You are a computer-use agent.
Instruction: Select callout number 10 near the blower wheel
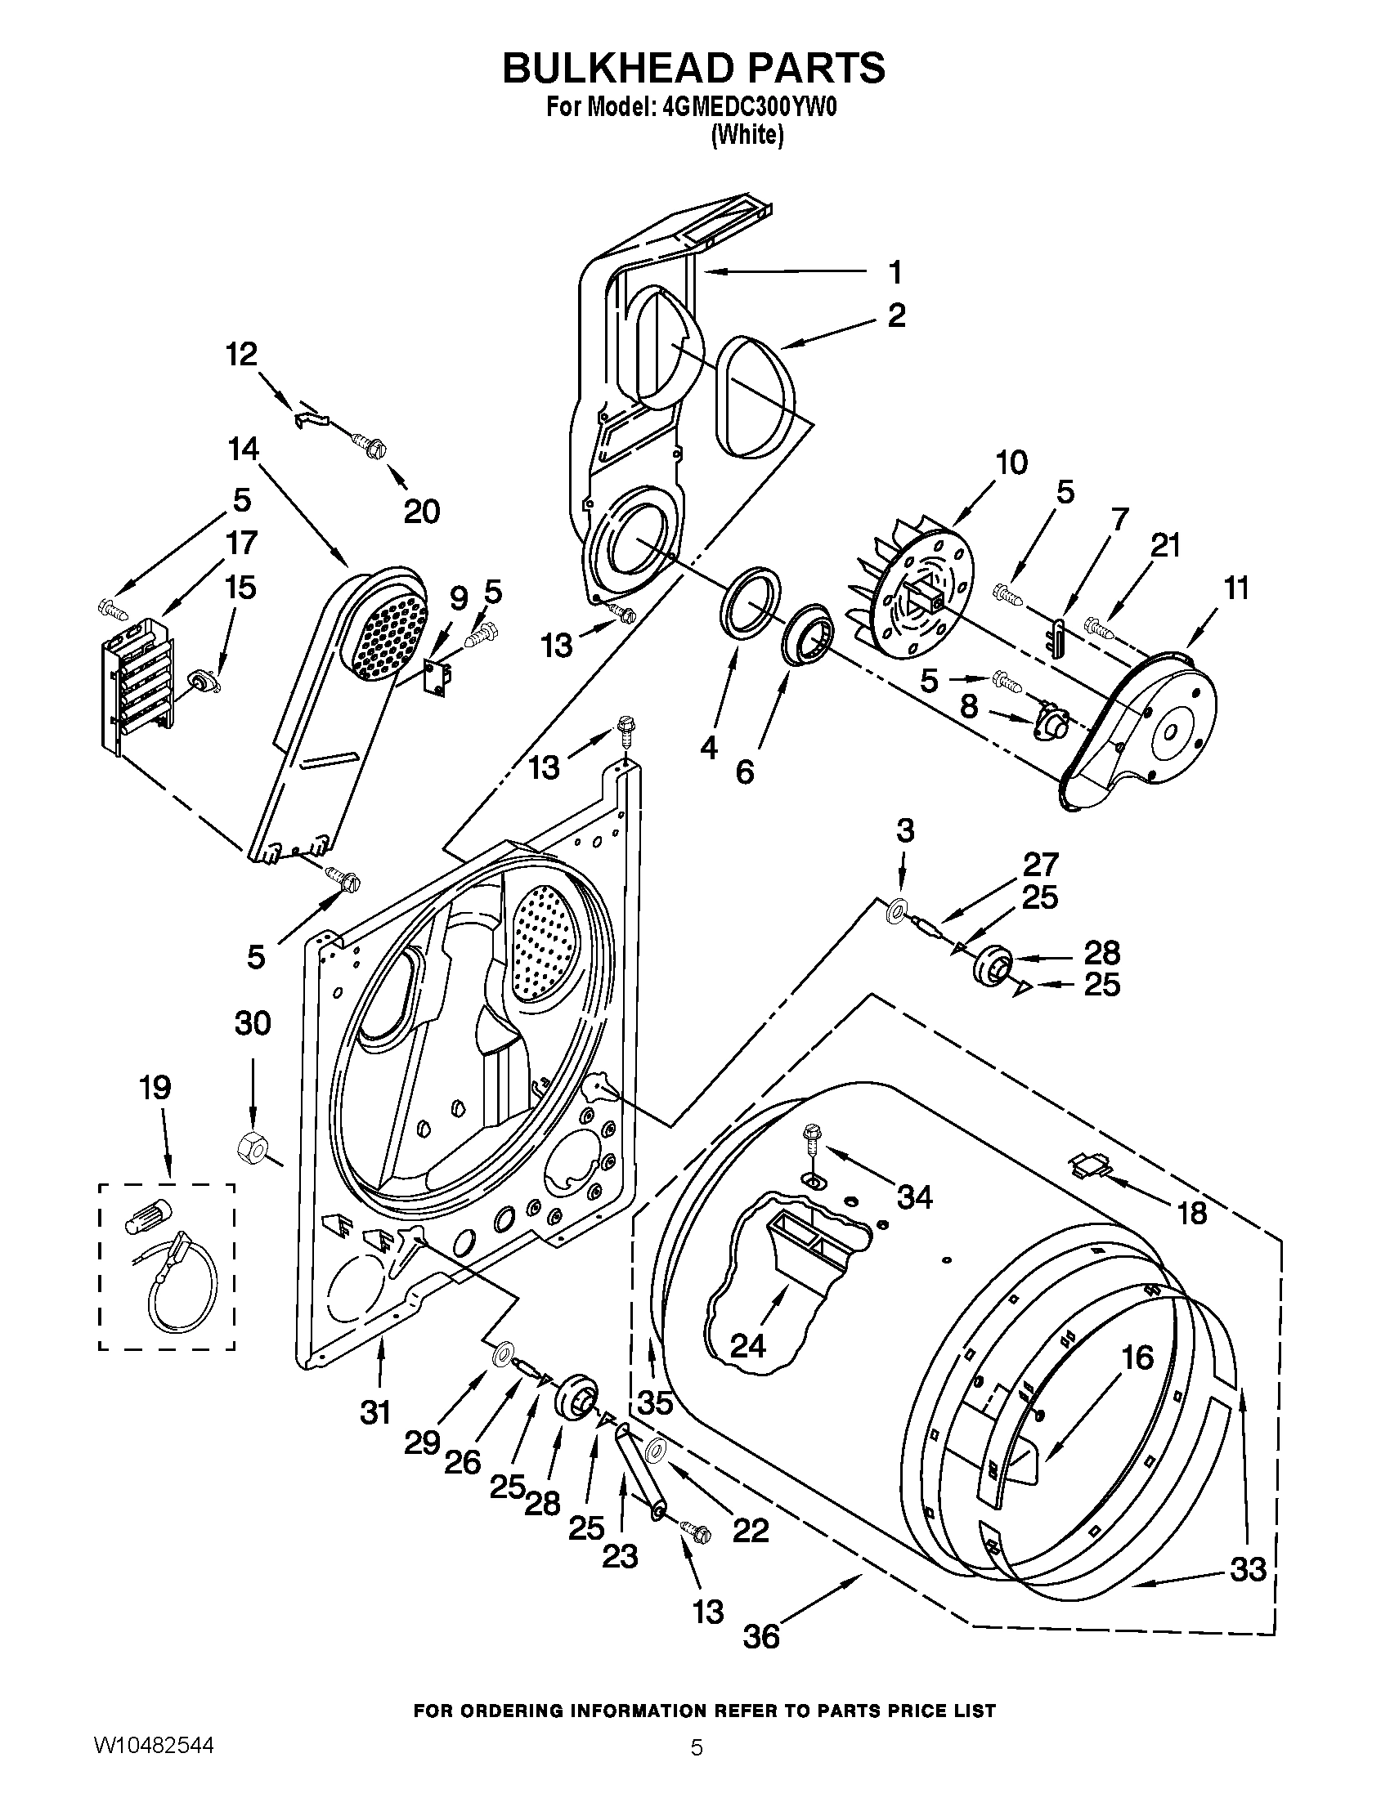point(1011,463)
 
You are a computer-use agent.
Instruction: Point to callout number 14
point(244,449)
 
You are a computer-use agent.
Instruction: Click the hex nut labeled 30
point(249,1146)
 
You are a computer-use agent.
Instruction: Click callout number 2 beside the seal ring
point(896,315)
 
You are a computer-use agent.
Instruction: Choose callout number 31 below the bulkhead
point(375,1412)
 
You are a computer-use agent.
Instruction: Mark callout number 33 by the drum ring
point(1247,1570)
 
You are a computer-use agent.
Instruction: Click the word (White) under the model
point(747,135)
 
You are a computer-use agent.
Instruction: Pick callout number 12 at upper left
point(242,354)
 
